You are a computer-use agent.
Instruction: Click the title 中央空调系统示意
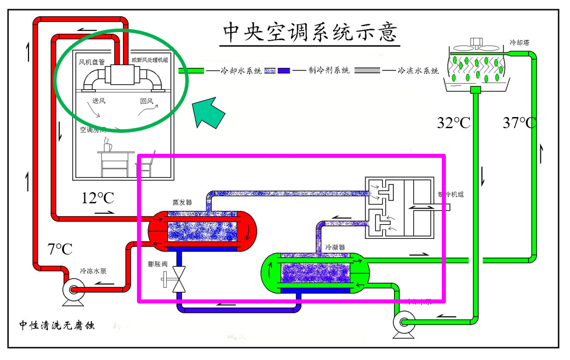click(310, 33)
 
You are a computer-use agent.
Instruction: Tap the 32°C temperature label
click(454, 123)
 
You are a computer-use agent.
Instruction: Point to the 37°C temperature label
click(519, 123)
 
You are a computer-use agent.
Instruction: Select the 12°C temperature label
click(97, 198)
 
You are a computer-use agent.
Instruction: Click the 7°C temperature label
click(60, 249)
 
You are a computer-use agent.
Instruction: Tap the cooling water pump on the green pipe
click(403, 322)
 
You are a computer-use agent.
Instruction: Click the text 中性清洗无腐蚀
click(57, 325)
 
